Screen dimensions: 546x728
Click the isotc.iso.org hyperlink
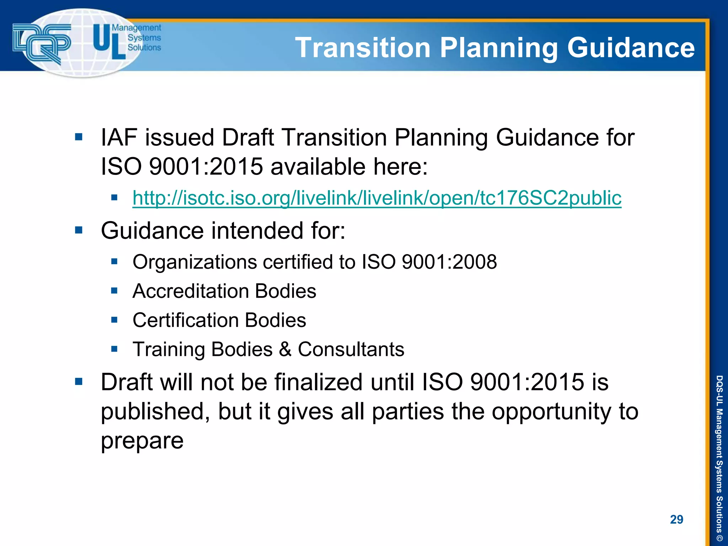(377, 198)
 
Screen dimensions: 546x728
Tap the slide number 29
(676, 519)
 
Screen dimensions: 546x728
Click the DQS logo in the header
(42, 43)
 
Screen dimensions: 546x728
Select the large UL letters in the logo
(109, 42)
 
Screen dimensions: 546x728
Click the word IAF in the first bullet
(119, 138)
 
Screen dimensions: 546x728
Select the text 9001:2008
(449, 262)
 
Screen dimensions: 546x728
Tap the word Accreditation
(191, 291)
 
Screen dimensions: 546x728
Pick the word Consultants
(351, 349)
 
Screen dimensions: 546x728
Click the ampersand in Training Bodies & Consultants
(285, 349)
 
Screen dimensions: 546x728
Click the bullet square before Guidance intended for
(79, 230)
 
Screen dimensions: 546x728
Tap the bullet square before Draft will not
(79, 382)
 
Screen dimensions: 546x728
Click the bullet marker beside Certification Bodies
(114, 320)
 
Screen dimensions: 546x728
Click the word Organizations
(195, 262)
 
